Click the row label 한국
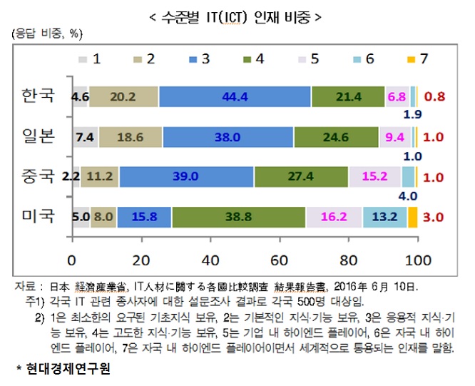pyautogui.click(x=38, y=96)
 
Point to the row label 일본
pyautogui.click(x=38, y=136)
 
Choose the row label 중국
pyautogui.click(x=38, y=176)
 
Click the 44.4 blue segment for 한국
pyautogui.click(x=235, y=96)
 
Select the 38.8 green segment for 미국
pyautogui.click(x=238, y=217)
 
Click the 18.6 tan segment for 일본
pyautogui.click(x=130, y=137)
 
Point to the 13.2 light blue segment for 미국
pyautogui.click(x=384, y=217)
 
